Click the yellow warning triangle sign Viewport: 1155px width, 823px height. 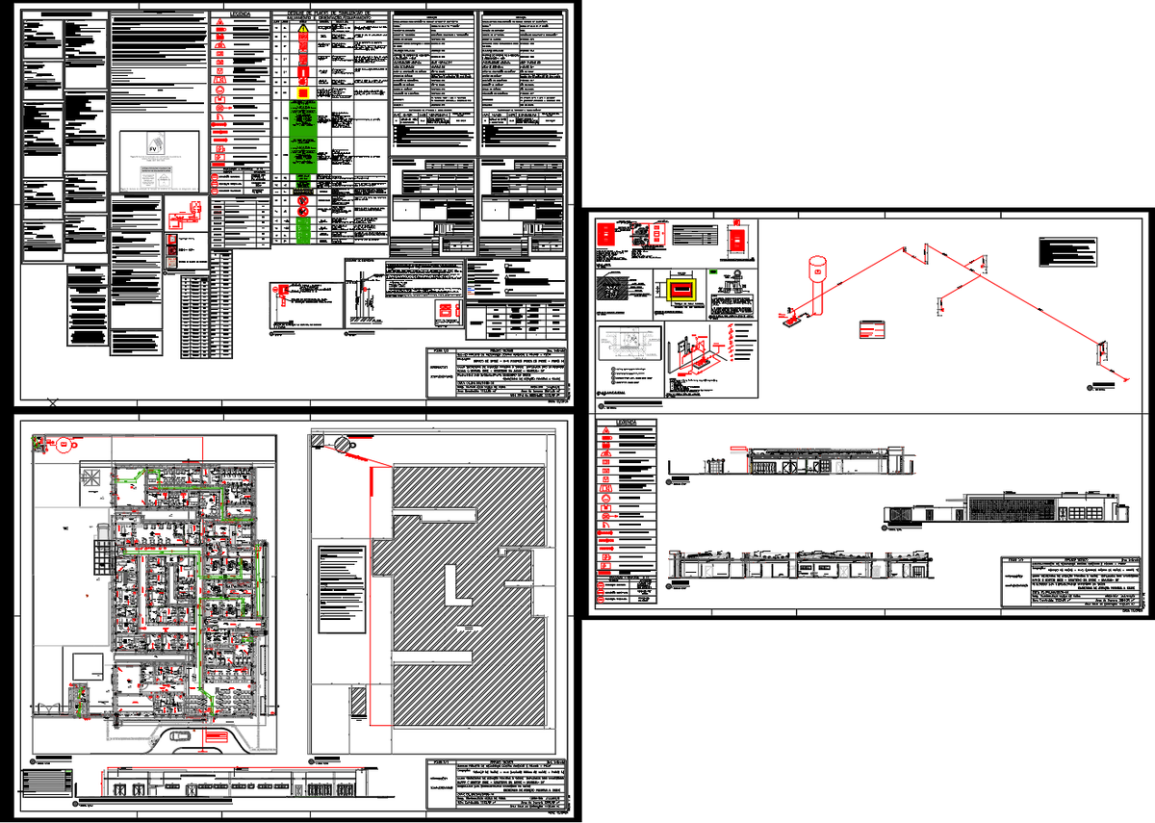click(304, 29)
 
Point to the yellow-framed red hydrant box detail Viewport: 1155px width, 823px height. click(681, 288)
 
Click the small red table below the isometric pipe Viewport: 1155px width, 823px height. click(871, 328)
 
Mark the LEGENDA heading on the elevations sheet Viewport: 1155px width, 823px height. click(627, 423)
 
